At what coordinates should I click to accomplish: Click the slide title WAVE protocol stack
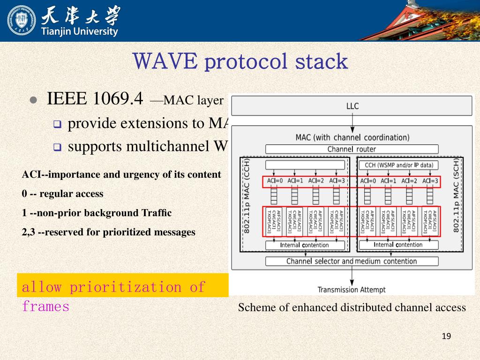pos(240,61)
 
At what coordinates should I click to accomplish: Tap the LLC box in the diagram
pos(352,106)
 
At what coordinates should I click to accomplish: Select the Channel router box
pos(352,149)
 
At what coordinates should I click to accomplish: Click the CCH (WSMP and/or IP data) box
pos(398,165)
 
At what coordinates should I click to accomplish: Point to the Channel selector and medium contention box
pos(352,261)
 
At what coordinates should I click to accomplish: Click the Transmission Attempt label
pos(352,290)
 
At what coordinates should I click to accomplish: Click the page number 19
pos(446,336)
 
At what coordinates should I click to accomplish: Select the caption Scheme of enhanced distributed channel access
pos(352,307)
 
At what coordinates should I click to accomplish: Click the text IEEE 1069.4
pos(95,99)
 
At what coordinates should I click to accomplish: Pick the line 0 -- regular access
pos(63,194)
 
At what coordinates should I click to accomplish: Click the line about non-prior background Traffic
pos(97,213)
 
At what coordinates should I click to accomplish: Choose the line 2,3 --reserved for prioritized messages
pos(109,232)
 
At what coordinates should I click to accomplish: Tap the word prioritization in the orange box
pos(125,287)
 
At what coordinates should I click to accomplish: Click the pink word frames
pos(45,307)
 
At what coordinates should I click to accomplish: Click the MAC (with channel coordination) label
pos(352,137)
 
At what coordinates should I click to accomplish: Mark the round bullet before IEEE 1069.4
pos(33,101)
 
